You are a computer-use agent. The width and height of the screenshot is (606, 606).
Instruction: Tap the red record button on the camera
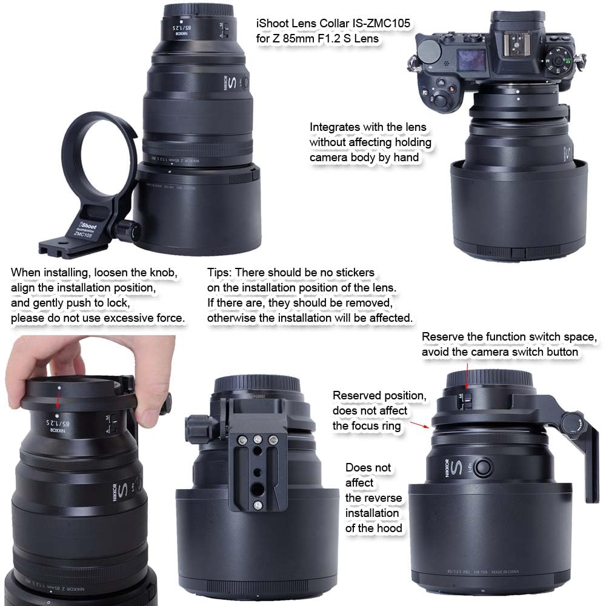pos(452,90)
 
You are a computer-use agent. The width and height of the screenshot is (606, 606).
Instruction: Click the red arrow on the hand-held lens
pos(58,401)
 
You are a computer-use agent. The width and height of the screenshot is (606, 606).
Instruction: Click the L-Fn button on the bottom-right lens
pos(483,468)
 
